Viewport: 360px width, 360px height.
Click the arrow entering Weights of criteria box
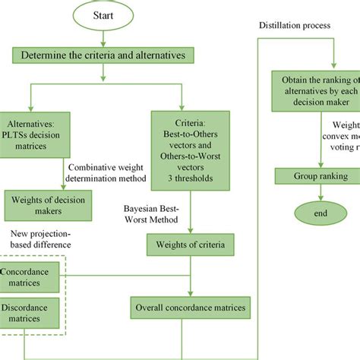(x=190, y=224)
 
